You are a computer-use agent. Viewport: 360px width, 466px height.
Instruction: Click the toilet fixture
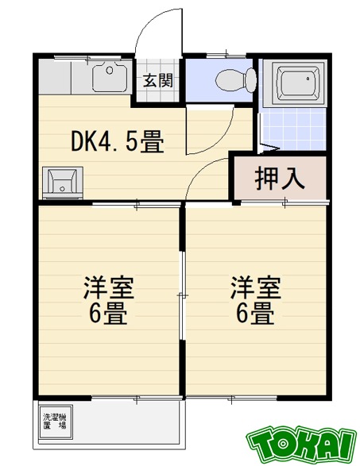point(236,79)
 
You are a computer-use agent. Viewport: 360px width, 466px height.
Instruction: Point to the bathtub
point(295,83)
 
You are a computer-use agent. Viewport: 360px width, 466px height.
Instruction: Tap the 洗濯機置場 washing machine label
point(55,421)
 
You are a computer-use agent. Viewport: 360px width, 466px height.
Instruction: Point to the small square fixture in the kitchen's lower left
point(59,182)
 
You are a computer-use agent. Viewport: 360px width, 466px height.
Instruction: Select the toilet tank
point(250,79)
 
